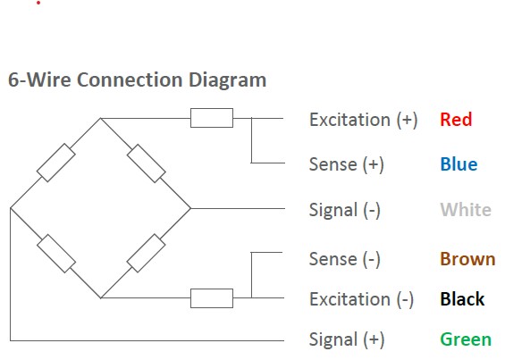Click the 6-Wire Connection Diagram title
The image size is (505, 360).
coord(138,80)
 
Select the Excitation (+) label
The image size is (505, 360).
coord(363,120)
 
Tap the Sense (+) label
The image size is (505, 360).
coord(347,164)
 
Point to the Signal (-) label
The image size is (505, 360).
coord(345,210)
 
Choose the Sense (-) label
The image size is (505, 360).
coord(345,259)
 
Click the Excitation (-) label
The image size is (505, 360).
coord(361,299)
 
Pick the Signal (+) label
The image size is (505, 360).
coord(347,339)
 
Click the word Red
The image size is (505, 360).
coord(456,120)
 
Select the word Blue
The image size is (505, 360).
coord(459,164)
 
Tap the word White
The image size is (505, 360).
coord(466,210)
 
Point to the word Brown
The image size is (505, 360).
coord(467,259)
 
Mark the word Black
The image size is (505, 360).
coord(462,299)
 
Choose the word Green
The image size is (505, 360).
coord(466,339)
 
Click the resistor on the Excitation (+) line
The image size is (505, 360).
coord(212,118)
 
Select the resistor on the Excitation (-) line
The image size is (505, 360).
coord(212,298)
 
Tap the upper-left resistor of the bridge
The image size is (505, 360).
coord(56,163)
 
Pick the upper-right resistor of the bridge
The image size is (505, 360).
coord(147,163)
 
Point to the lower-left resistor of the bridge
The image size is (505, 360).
coord(56,254)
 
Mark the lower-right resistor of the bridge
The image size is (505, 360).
coord(147,253)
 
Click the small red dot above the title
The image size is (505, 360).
coord(38,3)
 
